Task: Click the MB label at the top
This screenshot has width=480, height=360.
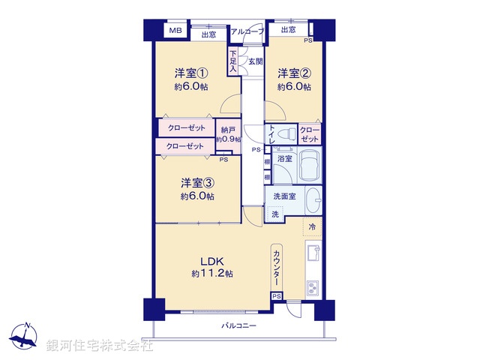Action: [175, 31]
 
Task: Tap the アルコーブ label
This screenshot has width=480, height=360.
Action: [247, 31]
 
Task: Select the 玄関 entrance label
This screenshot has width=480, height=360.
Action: [256, 62]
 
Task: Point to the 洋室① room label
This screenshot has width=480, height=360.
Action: [190, 73]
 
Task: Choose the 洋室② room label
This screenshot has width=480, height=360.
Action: [293, 73]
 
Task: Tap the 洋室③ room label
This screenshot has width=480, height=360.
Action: [196, 183]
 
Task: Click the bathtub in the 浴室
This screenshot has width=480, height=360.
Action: [310, 166]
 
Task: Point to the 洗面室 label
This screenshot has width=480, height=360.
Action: [283, 196]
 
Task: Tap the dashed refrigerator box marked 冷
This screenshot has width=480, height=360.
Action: [311, 226]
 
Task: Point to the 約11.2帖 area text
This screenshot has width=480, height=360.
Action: [212, 274]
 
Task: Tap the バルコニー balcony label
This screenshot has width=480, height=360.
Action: [238, 325]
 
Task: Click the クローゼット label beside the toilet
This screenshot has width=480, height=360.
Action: [310, 135]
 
